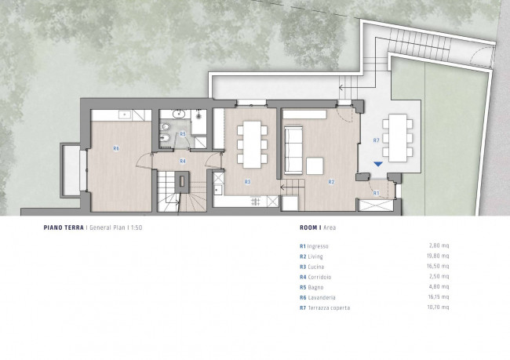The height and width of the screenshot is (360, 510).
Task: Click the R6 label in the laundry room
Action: click(116, 148)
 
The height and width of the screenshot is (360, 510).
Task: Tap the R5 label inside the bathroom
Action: click(183, 133)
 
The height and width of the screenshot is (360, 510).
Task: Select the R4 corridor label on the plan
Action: click(183, 161)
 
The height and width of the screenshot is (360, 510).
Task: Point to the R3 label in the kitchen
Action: click(247, 182)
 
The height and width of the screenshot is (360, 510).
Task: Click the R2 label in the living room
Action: click(331, 182)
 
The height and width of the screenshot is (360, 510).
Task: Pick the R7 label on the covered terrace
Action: click(376, 140)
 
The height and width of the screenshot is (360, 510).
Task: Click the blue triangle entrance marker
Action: click(378, 164)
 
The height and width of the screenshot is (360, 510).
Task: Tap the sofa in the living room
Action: click(293, 151)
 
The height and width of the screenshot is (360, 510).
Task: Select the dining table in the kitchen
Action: click(253, 144)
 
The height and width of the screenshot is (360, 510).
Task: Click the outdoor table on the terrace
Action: click(398, 138)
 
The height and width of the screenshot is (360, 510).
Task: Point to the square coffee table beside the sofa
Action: click(315, 165)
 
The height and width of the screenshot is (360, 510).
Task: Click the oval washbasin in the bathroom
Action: click(178, 115)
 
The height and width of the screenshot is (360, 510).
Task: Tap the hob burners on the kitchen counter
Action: click(256, 202)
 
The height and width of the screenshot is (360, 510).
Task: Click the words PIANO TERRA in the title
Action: click(64, 227)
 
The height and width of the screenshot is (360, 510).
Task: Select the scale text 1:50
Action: click(137, 227)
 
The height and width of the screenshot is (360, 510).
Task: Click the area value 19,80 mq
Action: click(438, 256)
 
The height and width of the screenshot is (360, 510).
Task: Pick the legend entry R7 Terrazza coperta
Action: click(325, 307)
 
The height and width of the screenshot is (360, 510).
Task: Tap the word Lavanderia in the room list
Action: click(322, 297)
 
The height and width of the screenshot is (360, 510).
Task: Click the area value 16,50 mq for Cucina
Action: click(438, 267)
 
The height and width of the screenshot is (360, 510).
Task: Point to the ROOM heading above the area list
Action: click(309, 227)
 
